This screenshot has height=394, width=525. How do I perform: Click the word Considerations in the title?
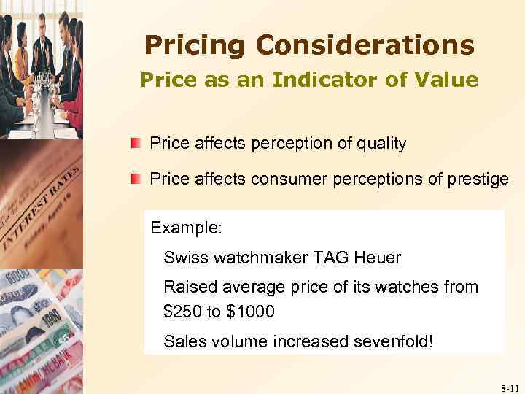365,45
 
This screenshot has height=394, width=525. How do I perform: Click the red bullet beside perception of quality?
135,142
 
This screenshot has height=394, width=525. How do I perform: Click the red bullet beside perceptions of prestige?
135,179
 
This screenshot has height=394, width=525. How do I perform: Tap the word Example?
186,227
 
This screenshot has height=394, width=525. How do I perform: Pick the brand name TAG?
331,258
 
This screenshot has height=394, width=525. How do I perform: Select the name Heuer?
377,258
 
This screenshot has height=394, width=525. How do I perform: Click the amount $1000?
251,312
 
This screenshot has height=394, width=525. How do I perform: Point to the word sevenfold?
389,341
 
